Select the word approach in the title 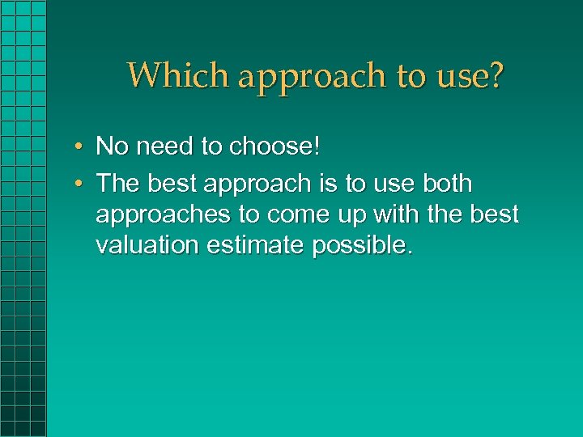(x=312, y=77)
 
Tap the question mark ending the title (x=495, y=75)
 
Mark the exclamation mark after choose (x=317, y=146)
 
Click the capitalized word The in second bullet (x=118, y=184)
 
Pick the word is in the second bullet (x=327, y=184)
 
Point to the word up (x=343, y=216)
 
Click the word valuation (x=147, y=245)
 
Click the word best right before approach (x=172, y=184)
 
